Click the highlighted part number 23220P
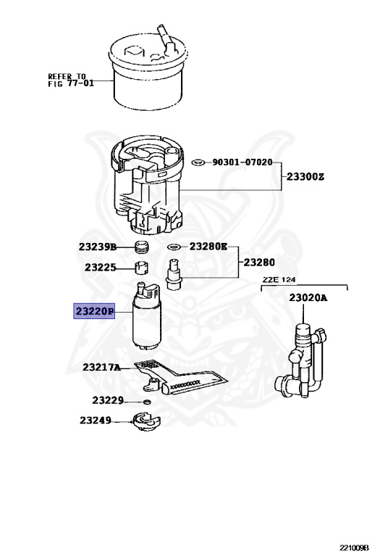click(94, 311)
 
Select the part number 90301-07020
click(242, 162)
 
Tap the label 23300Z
click(305, 176)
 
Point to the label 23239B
click(98, 247)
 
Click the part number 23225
click(101, 267)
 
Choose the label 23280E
click(208, 246)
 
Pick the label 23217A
click(101, 367)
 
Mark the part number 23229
click(108, 400)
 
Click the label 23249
click(96, 420)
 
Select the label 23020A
click(308, 297)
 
